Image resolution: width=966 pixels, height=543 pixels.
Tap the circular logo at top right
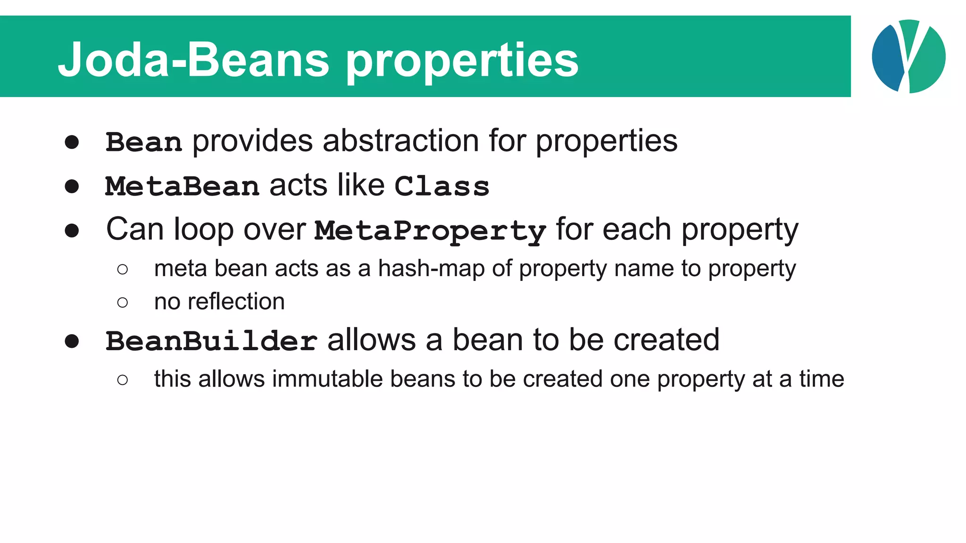point(908,57)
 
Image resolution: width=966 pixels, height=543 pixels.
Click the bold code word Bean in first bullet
point(143,142)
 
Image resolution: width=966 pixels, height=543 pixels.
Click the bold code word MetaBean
point(182,186)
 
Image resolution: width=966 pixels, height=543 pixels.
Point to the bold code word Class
point(441,186)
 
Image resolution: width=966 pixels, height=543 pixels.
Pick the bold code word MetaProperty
point(430,231)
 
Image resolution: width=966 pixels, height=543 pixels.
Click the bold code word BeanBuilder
point(211,341)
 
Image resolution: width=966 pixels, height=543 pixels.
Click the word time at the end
point(821,379)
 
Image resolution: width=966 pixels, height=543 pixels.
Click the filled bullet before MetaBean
point(72,186)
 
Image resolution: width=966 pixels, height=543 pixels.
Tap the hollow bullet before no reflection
point(123,302)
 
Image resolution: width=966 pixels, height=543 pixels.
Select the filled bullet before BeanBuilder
point(72,341)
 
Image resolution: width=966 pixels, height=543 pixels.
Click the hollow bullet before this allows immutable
point(123,379)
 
